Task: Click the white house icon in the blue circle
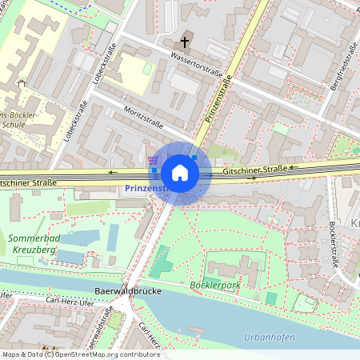point(180,173)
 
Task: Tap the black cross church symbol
point(186,41)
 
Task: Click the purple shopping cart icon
point(152,160)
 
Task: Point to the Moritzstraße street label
point(144,118)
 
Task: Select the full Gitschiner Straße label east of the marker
point(255,170)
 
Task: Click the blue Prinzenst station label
point(145,188)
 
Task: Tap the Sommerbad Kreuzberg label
point(34,244)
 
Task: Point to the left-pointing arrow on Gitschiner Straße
point(112,171)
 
